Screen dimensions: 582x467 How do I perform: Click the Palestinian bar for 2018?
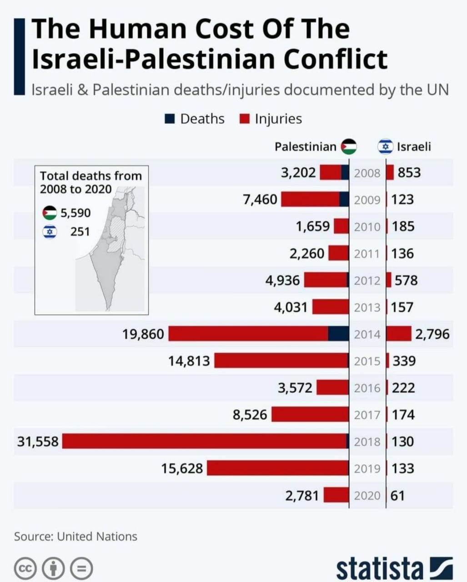tap(205, 441)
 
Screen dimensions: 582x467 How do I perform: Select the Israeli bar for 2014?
tap(399, 334)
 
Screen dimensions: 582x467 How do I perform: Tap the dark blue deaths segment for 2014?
tap(338, 334)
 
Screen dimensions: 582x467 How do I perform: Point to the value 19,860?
tap(143, 334)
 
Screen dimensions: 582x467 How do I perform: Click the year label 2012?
tap(367, 281)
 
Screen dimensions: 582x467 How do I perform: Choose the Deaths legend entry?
tap(195, 119)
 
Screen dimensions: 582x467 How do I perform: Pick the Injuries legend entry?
tap(271, 119)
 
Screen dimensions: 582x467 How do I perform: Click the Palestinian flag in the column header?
tap(349, 146)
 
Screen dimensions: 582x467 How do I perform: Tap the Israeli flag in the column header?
tap(386, 146)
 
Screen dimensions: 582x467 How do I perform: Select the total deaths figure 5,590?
tap(75, 213)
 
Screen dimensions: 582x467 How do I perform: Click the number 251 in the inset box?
tap(80, 232)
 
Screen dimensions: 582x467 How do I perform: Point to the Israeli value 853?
tap(409, 173)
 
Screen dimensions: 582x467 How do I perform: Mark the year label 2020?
tap(367, 495)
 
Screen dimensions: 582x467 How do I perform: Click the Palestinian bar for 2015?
tap(281, 361)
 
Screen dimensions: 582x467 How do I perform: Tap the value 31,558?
tap(38, 441)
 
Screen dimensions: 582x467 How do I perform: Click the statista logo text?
tap(380, 568)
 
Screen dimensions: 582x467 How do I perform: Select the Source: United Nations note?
tap(75, 537)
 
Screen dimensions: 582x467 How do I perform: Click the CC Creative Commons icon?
tap(25, 568)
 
